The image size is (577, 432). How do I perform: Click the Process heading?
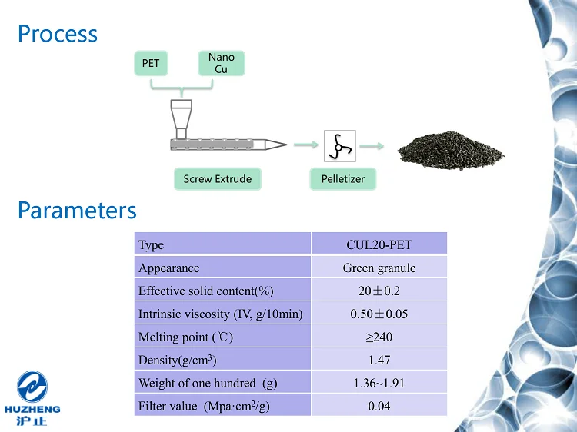pyautogui.click(x=58, y=34)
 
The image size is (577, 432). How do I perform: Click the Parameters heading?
pyautogui.click(x=77, y=210)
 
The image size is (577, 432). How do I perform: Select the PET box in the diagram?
pyautogui.click(x=151, y=63)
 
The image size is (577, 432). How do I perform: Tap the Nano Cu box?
pyautogui.click(x=222, y=63)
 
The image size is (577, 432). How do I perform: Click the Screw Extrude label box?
pyautogui.click(x=218, y=179)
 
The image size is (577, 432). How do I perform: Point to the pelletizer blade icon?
pyautogui.click(x=339, y=145)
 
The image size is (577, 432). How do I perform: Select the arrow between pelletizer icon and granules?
pyautogui.click(x=372, y=145)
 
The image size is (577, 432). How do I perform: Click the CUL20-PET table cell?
pyautogui.click(x=379, y=245)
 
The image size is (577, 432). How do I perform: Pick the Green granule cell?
pyautogui.click(x=379, y=268)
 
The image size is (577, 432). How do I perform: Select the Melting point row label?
pyautogui.click(x=185, y=337)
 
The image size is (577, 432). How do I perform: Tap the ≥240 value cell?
pyautogui.click(x=379, y=337)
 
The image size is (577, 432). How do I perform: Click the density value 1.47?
pyautogui.click(x=379, y=360)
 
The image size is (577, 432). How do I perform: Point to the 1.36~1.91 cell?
pyautogui.click(x=379, y=383)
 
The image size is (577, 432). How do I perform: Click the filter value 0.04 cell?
pyautogui.click(x=379, y=406)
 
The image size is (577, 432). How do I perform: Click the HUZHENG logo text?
pyautogui.click(x=32, y=410)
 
